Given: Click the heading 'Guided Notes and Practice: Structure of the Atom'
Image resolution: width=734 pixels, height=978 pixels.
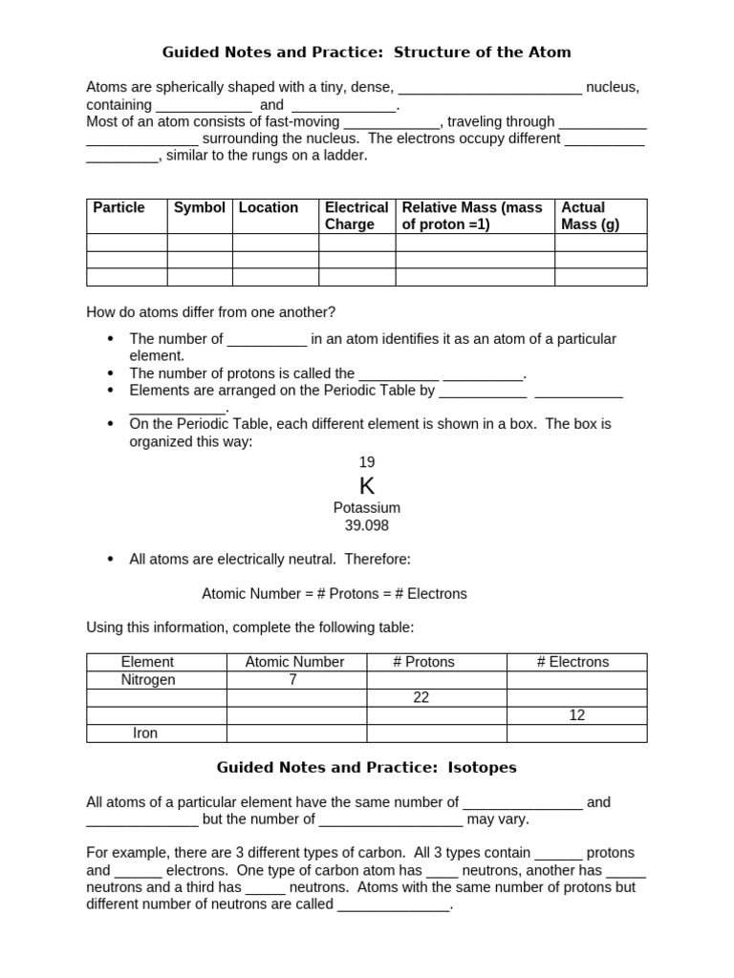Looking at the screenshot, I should [367, 52].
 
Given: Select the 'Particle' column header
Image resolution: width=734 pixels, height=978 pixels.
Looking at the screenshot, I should [119, 207].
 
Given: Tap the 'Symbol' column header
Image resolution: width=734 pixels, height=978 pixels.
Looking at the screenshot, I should [200, 207].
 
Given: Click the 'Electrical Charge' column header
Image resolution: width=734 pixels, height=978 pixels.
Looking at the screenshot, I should [356, 216].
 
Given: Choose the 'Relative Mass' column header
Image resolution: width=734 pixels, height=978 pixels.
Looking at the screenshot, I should [472, 216].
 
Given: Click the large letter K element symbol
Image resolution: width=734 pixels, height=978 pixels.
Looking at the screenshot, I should [367, 486].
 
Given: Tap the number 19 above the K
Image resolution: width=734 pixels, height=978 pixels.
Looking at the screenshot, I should [367, 462].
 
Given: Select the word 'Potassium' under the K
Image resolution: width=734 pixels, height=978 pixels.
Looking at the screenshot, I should [367, 508].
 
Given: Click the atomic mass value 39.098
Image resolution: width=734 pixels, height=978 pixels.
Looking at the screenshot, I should [367, 525].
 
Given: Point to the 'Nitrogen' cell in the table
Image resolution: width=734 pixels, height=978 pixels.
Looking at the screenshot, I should [147, 680].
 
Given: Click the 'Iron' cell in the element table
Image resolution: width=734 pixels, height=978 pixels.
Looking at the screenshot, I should [146, 733].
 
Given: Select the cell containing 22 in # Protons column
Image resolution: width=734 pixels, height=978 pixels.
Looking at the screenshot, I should [421, 698].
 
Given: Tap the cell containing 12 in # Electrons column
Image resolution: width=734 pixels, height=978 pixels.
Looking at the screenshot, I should [576, 715].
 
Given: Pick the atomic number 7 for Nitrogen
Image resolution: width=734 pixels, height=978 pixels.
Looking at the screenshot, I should [293, 680].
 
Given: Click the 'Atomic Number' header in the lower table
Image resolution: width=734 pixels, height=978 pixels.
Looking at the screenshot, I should [294, 662].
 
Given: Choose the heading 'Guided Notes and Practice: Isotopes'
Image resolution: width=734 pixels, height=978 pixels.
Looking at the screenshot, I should [367, 767].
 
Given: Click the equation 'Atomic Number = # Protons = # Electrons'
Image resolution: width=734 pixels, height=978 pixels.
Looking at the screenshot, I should [335, 594].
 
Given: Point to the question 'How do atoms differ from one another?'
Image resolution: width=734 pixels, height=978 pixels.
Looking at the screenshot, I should [211, 312].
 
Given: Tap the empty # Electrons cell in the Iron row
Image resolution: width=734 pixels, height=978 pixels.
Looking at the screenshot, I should [576, 733].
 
